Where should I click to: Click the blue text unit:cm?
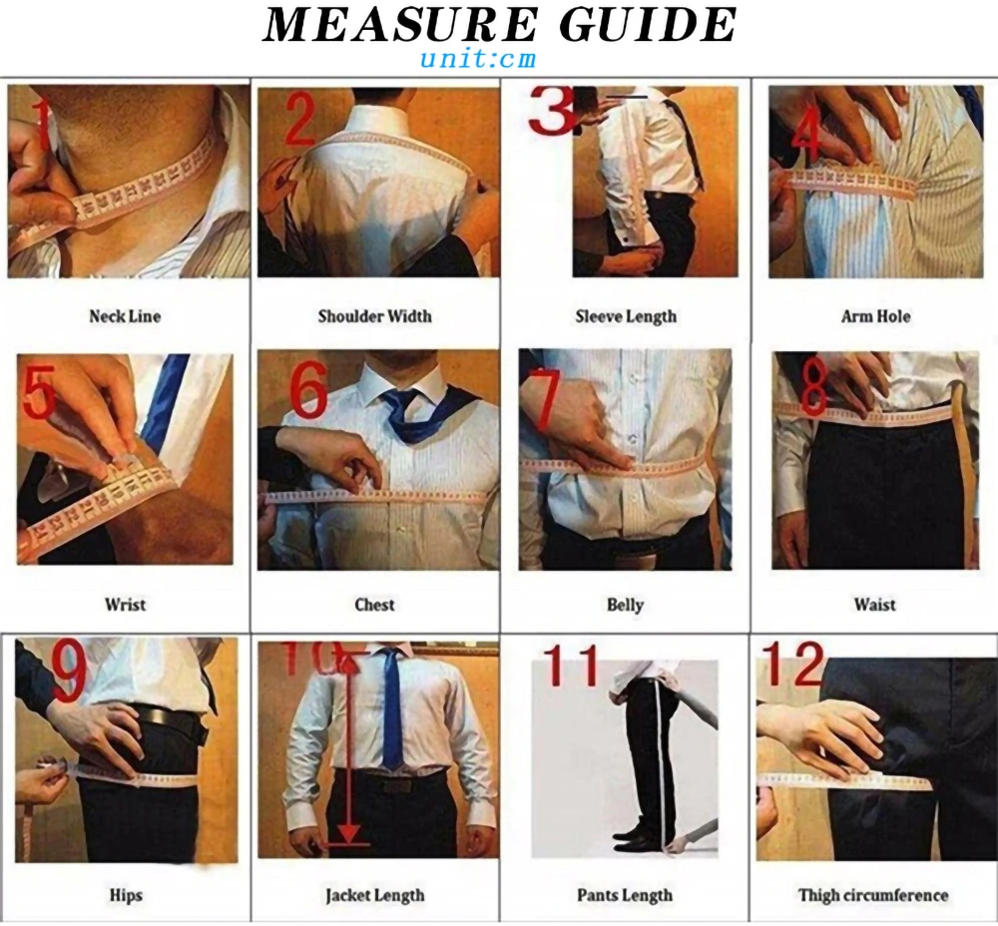coord(477,58)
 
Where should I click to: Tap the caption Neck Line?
coord(124,316)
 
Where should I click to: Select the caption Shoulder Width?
coord(374,316)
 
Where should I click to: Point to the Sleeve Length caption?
coord(625,316)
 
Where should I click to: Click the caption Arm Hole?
coord(874,316)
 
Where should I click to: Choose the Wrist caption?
coord(125,605)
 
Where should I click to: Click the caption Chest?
coord(374,605)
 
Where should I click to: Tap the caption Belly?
coord(625,605)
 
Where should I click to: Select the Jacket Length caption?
coord(374,895)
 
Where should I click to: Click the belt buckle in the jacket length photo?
coord(394,785)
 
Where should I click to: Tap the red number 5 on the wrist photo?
coord(39,394)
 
